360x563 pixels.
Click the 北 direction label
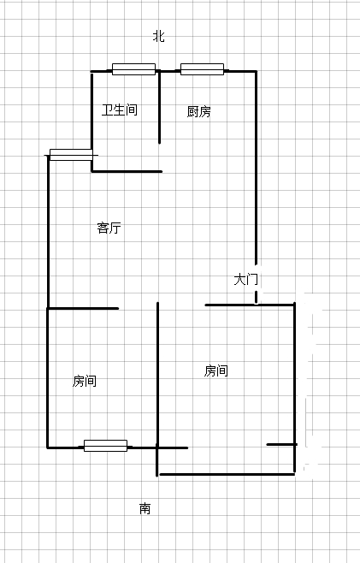coord(159,36)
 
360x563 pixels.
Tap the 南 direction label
coord(145,508)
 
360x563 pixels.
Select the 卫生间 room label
coord(120,110)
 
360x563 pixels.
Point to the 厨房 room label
coord(199,112)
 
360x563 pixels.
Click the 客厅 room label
coord(109,228)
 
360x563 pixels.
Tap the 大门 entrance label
coord(246,279)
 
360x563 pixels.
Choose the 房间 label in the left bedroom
coord(85,381)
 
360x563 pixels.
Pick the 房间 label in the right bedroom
coord(216,370)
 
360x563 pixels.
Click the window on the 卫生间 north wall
coord(134,69)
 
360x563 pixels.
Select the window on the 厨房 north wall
coord(202,69)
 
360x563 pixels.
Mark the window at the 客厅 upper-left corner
coord(71,155)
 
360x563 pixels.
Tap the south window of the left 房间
coord(105,446)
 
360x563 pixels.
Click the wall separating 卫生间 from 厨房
coord(159,107)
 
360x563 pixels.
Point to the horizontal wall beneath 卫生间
coord(127,172)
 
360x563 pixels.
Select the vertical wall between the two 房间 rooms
coord(157,389)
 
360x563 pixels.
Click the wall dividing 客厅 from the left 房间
coord(83,308)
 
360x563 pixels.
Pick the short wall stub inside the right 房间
coord(281,445)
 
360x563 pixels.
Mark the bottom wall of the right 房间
coord(227,474)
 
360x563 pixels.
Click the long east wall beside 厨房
coord(256,169)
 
